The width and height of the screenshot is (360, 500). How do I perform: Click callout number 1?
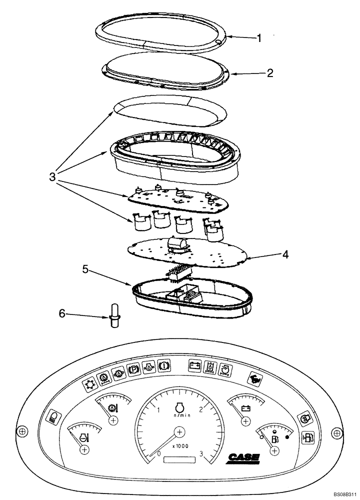click(258, 37)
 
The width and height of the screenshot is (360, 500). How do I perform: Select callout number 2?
click(269, 73)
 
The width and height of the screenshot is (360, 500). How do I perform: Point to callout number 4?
click(284, 254)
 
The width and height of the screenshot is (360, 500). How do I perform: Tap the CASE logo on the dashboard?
click(244, 456)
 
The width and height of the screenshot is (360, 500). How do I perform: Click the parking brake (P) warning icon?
click(133, 369)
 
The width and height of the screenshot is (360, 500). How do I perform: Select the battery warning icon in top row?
click(194, 366)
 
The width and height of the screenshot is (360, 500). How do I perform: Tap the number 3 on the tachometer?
click(201, 454)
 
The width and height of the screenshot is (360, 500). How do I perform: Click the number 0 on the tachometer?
click(158, 454)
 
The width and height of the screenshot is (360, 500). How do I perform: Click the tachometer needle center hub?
click(180, 431)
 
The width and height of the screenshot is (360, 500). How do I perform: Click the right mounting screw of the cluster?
click(338, 431)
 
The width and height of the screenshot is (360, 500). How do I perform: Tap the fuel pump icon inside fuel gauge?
click(274, 439)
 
